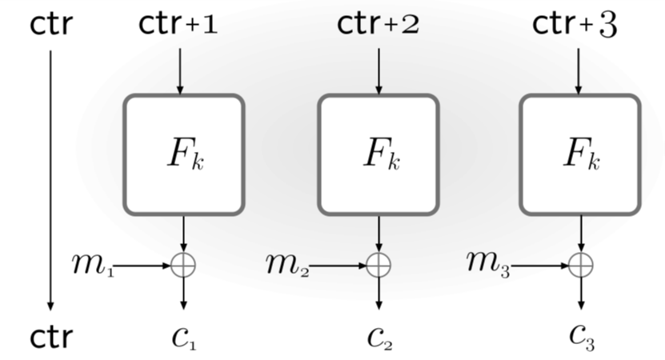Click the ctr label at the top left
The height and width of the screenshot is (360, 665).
point(51,25)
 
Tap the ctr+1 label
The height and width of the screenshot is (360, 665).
point(178,25)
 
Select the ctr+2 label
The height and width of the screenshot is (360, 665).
point(378,25)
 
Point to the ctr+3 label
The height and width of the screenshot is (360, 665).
point(575,25)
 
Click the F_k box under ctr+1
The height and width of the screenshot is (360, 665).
point(183,154)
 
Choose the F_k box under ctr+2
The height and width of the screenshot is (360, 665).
point(379,154)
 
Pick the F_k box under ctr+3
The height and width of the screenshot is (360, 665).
point(580,154)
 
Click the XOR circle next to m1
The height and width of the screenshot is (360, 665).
point(183,266)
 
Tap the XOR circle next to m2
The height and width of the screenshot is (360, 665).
point(379,266)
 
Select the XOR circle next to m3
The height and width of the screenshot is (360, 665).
point(581,266)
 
